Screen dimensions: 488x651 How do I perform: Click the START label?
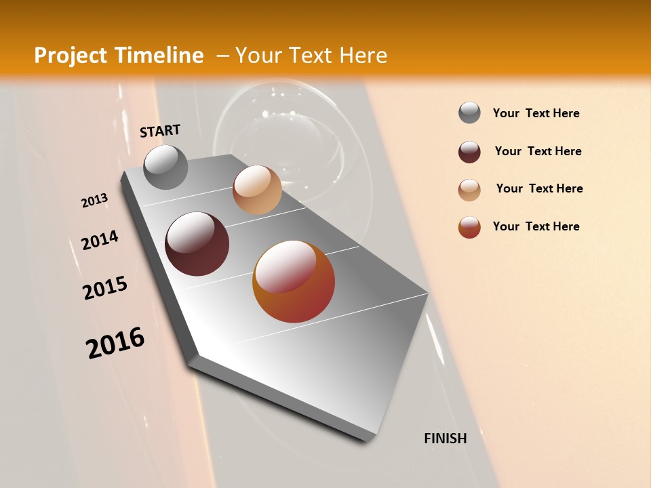pyautogui.click(x=160, y=130)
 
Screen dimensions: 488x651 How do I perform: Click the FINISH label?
pyautogui.click(x=445, y=439)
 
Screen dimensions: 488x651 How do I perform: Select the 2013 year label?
pyautogui.click(x=94, y=200)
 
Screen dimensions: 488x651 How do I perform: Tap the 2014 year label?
pyautogui.click(x=100, y=240)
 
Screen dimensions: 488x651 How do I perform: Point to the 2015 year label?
pyautogui.click(x=105, y=288)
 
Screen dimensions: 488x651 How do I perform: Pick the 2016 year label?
pyautogui.click(x=115, y=342)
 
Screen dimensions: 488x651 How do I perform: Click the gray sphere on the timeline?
pyautogui.click(x=166, y=167)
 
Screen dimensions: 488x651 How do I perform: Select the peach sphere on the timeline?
pyautogui.click(x=257, y=190)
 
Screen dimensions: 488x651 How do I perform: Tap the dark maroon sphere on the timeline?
pyautogui.click(x=197, y=244)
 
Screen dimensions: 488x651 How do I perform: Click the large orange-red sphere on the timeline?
pyautogui.click(x=294, y=281)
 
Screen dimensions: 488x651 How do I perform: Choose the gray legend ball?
pyautogui.click(x=469, y=113)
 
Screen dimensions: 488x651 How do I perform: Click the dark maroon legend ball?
pyautogui.click(x=469, y=152)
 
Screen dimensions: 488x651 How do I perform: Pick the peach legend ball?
pyautogui.click(x=469, y=190)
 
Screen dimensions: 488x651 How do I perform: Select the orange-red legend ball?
pyautogui.click(x=469, y=227)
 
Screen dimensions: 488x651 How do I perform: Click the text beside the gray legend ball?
pyautogui.click(x=536, y=113)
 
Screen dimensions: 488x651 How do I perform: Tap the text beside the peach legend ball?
pyautogui.click(x=539, y=188)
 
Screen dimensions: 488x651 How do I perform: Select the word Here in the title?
pyautogui.click(x=363, y=56)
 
